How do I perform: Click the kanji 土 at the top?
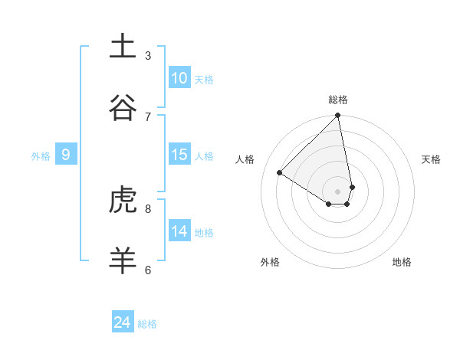point(123,46)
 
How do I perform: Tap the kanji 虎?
point(123,200)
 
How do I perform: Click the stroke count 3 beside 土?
point(148,55)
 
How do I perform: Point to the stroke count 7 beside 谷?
point(148,116)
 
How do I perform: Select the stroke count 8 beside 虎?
point(148,208)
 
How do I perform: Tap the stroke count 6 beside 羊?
point(148,270)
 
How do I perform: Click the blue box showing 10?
point(179,78)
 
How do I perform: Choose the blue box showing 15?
point(179,155)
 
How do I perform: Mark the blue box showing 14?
point(179,231)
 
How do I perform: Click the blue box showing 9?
point(66,155)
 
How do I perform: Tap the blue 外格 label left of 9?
point(41,156)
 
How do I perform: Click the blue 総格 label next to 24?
point(147,325)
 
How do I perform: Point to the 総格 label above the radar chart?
point(338,100)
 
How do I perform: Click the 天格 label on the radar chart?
point(431,159)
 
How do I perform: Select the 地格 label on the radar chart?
point(402,262)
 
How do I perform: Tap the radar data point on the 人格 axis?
point(280,172)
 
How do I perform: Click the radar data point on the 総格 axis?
point(338,116)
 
